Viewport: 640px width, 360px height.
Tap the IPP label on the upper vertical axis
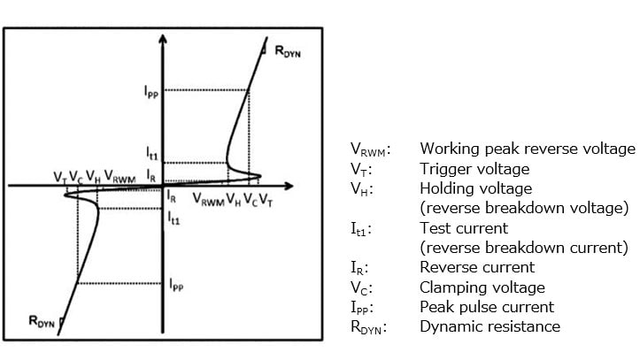(150, 90)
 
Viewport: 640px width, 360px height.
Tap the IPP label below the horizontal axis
(176, 285)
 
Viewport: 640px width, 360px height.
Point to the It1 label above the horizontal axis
(152, 154)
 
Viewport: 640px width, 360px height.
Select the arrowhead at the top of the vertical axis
(163, 41)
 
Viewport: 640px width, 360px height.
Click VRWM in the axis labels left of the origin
(120, 176)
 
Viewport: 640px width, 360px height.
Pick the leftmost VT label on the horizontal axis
(59, 176)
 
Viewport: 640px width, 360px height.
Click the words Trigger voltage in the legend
(474, 168)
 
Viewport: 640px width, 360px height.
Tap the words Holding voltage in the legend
(475, 188)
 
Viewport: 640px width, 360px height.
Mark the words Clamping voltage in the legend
(482, 287)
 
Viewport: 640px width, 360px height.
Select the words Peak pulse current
(486, 306)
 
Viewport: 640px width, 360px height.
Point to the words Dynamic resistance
(490, 326)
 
